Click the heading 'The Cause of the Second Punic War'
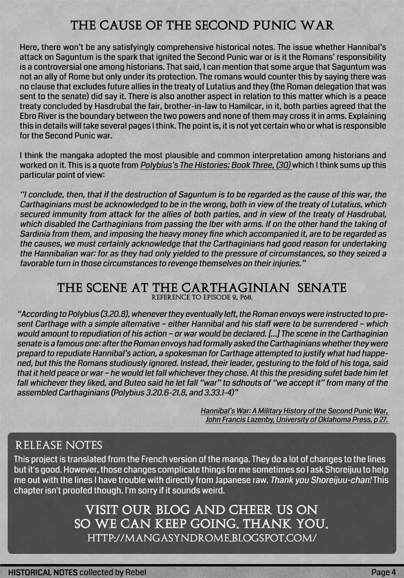[202, 25]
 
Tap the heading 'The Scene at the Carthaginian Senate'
[202, 289]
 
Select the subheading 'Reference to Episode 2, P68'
[202, 297]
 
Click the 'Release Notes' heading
[59, 445]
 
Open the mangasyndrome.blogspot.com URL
[202, 538]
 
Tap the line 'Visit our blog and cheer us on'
[202, 510]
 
